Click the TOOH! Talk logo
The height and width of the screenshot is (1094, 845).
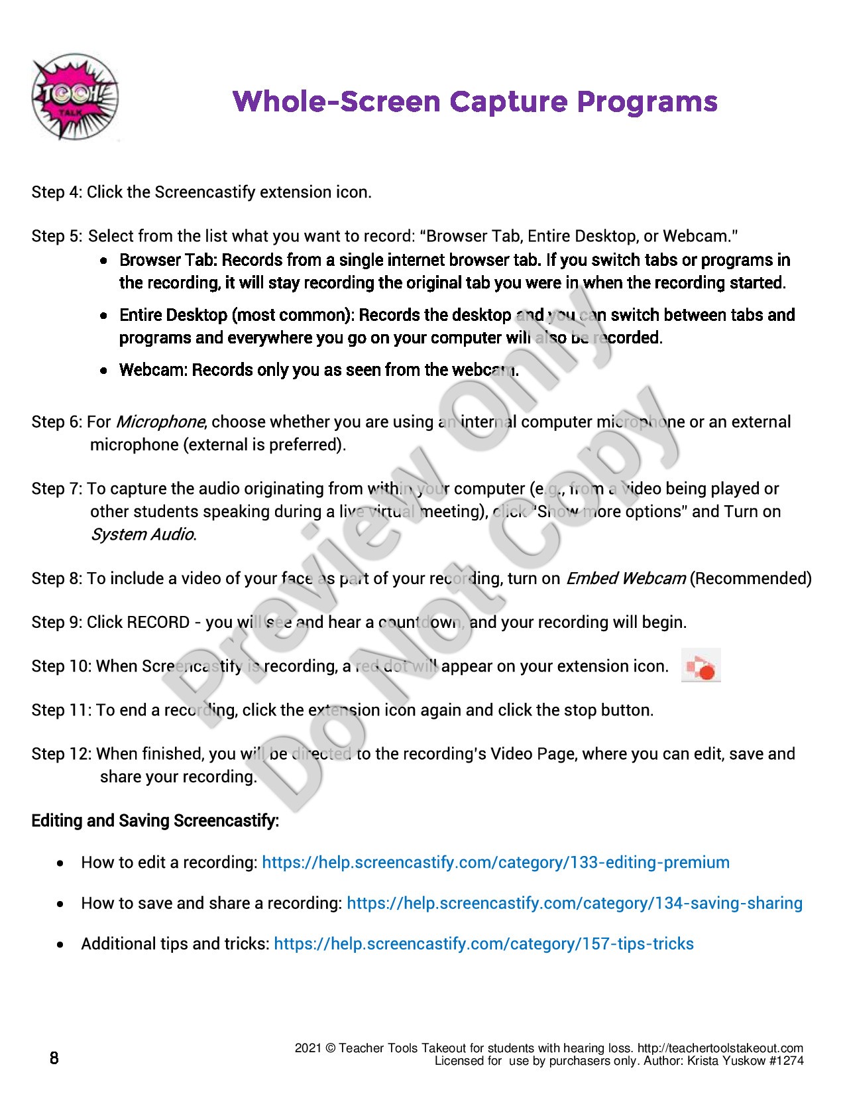[x=74, y=97]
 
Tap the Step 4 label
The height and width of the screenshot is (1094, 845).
[x=56, y=192]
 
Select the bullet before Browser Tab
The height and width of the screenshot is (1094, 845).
[x=104, y=261]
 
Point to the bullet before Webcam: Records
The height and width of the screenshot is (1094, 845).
[x=104, y=371]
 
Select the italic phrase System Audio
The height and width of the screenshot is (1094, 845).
[x=142, y=534]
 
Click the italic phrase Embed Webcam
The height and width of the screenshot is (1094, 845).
[x=625, y=579]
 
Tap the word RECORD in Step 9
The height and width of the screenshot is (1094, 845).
[x=158, y=623]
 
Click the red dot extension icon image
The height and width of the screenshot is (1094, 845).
[x=701, y=666]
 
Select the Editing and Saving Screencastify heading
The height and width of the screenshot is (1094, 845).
[x=155, y=821]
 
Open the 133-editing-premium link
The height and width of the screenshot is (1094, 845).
[x=495, y=863]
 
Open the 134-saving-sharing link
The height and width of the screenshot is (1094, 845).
[x=574, y=903]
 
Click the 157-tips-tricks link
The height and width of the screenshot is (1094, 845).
[x=483, y=944]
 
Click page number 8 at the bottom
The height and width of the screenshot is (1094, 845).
[x=54, y=1058]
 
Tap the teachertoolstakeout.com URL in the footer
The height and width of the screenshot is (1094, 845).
[x=720, y=1048]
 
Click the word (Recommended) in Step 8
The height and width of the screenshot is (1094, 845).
[x=750, y=579]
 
